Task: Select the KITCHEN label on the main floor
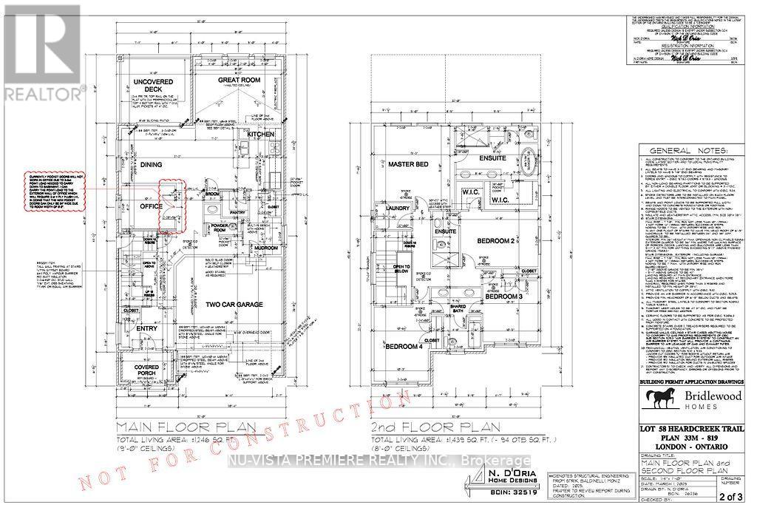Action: [x=261, y=134]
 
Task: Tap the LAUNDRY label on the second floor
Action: [x=399, y=208]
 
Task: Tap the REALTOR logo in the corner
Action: [x=41, y=52]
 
